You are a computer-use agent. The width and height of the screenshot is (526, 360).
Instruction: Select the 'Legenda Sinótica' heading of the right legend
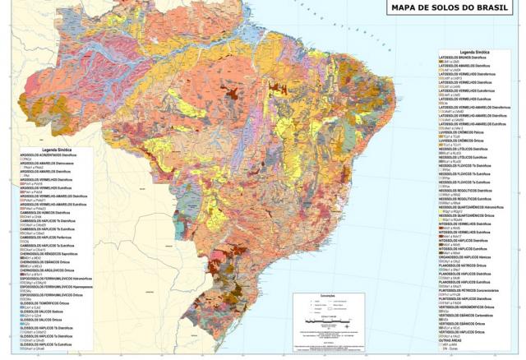pos(477,51)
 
